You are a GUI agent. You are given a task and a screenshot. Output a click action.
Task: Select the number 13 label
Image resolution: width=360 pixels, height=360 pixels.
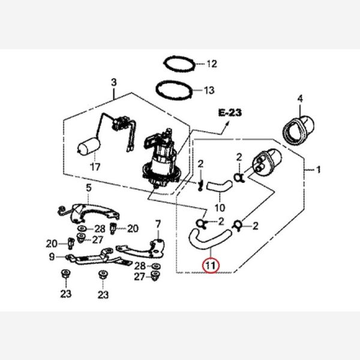209,91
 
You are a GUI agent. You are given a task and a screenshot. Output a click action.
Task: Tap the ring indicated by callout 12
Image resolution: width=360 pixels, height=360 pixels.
179,63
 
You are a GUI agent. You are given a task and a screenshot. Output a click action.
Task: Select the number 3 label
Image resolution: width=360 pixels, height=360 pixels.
113,82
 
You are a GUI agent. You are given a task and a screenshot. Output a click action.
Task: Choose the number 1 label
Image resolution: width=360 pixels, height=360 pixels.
319,170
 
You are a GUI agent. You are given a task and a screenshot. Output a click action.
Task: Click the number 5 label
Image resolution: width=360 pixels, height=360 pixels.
88,188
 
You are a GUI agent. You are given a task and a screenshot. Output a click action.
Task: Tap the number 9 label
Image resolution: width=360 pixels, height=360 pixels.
52,257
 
